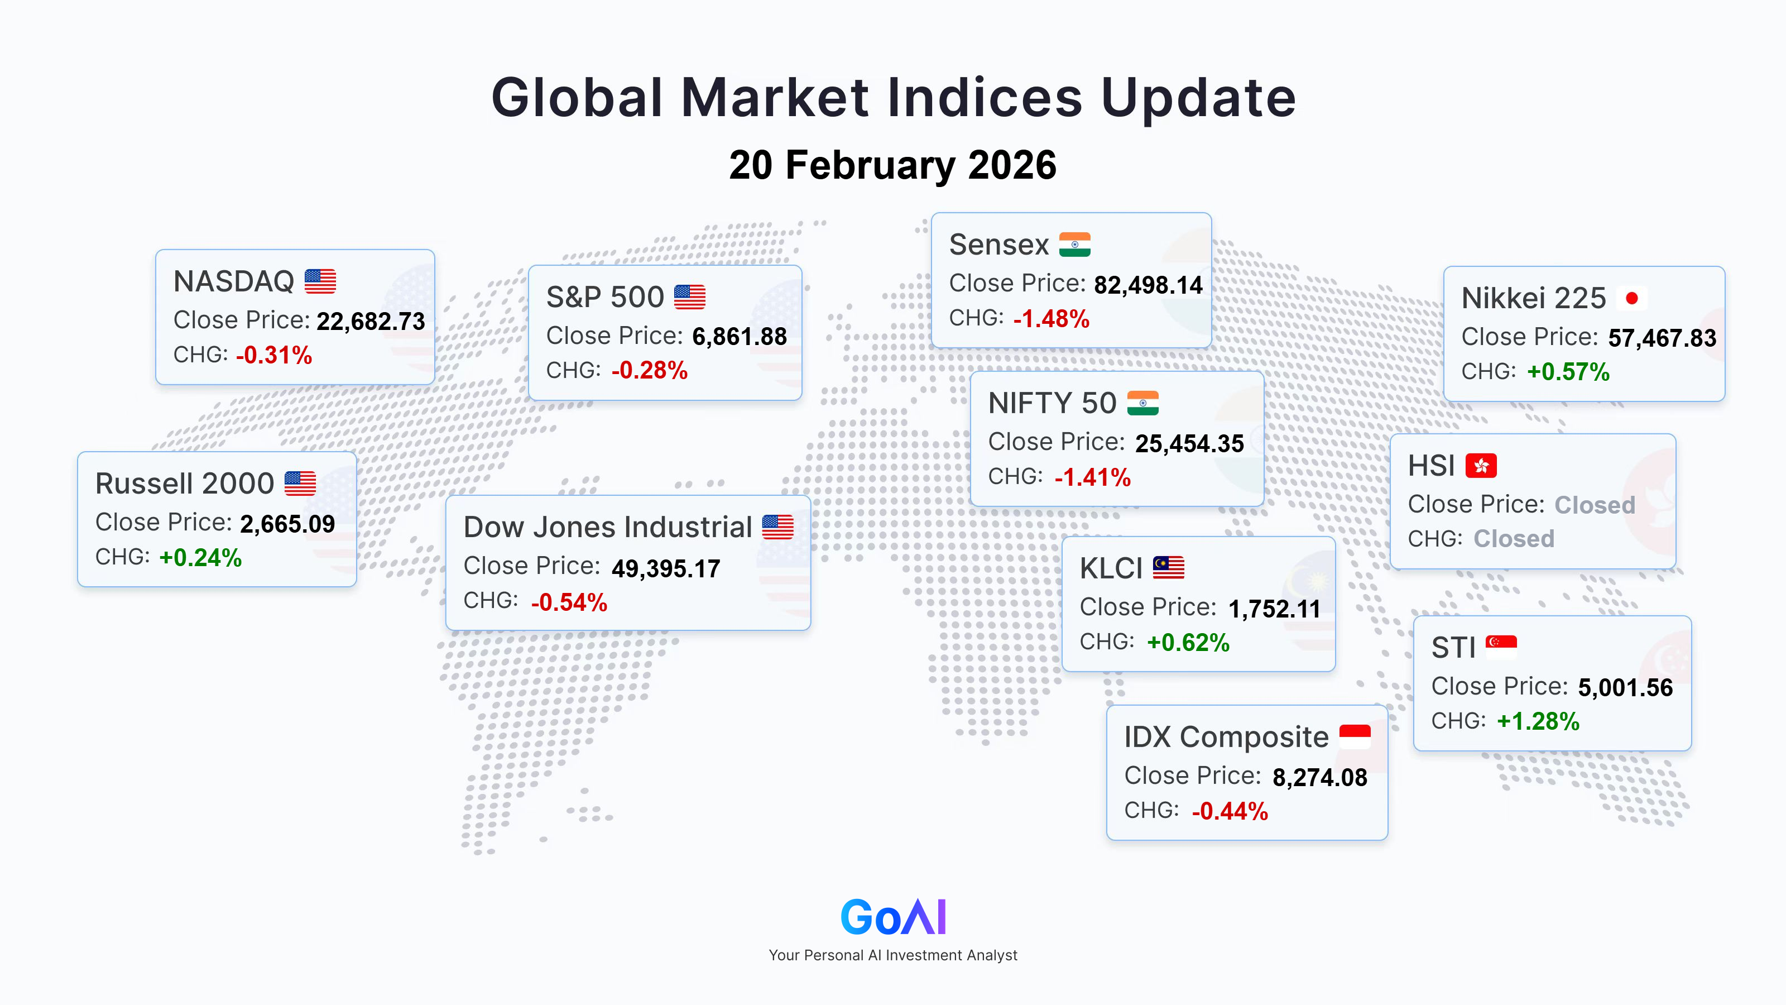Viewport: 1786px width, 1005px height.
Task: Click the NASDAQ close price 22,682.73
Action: point(371,321)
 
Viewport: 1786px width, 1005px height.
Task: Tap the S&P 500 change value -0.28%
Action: point(650,370)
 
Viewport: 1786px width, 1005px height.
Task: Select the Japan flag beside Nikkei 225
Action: point(1631,298)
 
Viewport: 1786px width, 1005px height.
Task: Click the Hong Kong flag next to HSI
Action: point(1481,466)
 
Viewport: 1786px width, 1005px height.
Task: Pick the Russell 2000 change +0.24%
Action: point(200,558)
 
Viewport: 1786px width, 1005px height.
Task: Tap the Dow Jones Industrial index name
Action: point(607,527)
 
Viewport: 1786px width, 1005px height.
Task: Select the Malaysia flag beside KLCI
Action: point(1169,567)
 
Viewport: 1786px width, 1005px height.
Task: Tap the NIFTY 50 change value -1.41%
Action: point(1093,477)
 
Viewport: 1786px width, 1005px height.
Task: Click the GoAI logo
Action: point(893,916)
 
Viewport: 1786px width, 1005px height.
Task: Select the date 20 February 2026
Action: point(893,165)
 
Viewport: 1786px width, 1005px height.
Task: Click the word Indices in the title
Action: point(985,97)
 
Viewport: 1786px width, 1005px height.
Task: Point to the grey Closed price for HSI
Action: point(1595,505)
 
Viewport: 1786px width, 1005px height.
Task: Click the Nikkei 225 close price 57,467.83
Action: point(1662,338)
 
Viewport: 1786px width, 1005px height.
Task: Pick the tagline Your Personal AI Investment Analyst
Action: point(893,955)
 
